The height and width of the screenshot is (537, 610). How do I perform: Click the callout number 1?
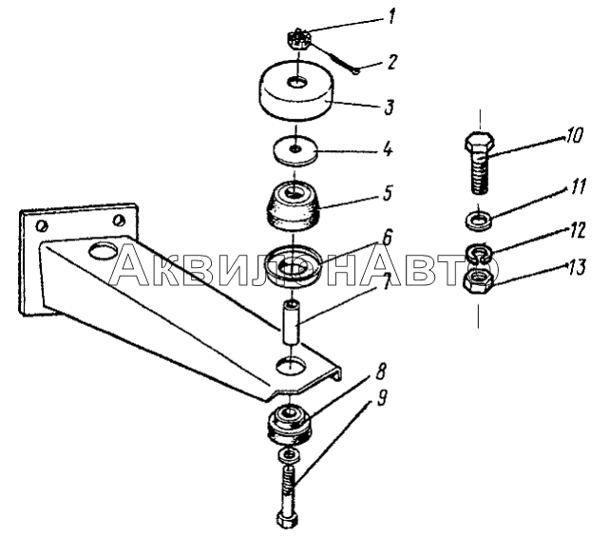click(x=392, y=17)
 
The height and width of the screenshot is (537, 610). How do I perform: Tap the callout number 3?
click(x=389, y=107)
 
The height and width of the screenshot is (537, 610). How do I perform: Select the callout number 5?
click(x=387, y=193)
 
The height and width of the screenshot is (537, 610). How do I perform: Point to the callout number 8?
click(x=380, y=372)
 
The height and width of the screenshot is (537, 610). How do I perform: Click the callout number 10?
click(x=574, y=136)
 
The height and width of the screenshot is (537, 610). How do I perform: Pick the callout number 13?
click(x=576, y=268)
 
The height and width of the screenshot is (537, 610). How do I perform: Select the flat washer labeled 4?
click(x=295, y=151)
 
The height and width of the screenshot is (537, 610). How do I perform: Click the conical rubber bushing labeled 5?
click(x=294, y=207)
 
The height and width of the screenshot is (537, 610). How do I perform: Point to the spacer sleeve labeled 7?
click(x=292, y=322)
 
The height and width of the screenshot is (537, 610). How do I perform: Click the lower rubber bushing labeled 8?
click(x=288, y=425)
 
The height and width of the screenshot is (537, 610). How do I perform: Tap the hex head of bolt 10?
click(x=479, y=142)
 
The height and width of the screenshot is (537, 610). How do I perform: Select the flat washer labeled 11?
click(x=479, y=220)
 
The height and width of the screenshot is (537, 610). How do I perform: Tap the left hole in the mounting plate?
click(x=41, y=225)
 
